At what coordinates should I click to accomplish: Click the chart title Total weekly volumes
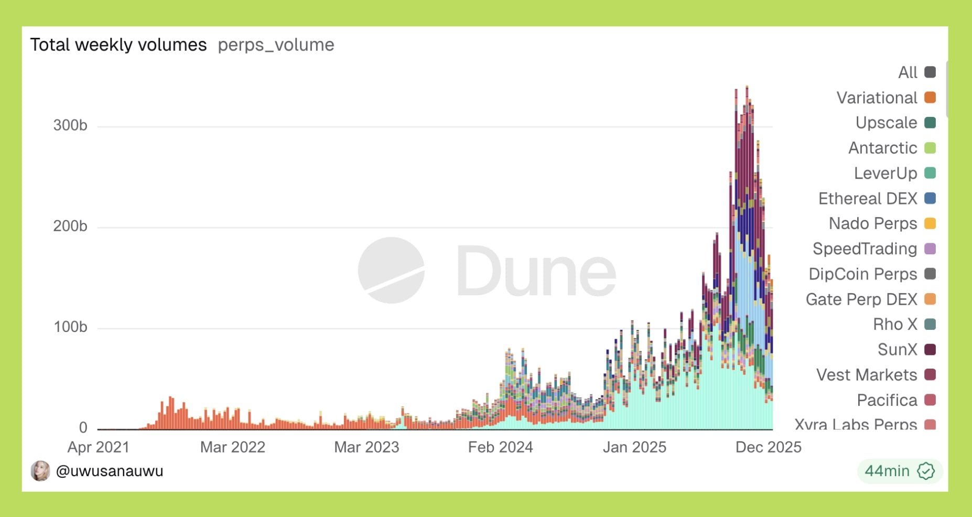[x=118, y=45]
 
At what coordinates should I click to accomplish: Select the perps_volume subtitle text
[x=276, y=45]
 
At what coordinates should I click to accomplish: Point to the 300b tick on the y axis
[x=70, y=126]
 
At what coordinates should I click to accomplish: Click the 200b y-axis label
[x=70, y=227]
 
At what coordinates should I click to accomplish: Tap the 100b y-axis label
[x=70, y=327]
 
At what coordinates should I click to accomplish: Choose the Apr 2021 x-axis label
[x=99, y=447]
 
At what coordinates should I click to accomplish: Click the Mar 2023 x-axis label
[x=366, y=447]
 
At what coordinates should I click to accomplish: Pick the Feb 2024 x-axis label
[x=500, y=447]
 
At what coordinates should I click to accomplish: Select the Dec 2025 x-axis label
[x=768, y=447]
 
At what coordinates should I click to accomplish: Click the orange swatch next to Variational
[x=930, y=98]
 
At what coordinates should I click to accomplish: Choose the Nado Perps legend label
[x=873, y=224]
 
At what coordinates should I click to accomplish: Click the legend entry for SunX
[x=897, y=350]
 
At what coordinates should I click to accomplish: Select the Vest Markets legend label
[x=867, y=375]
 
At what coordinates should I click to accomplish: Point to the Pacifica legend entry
[x=887, y=401]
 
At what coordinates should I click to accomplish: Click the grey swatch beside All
[x=930, y=72]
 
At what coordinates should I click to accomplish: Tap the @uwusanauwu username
[x=110, y=471]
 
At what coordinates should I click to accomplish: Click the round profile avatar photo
[x=40, y=471]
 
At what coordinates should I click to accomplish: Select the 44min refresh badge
[x=899, y=471]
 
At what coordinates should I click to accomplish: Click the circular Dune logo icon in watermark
[x=391, y=271]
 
